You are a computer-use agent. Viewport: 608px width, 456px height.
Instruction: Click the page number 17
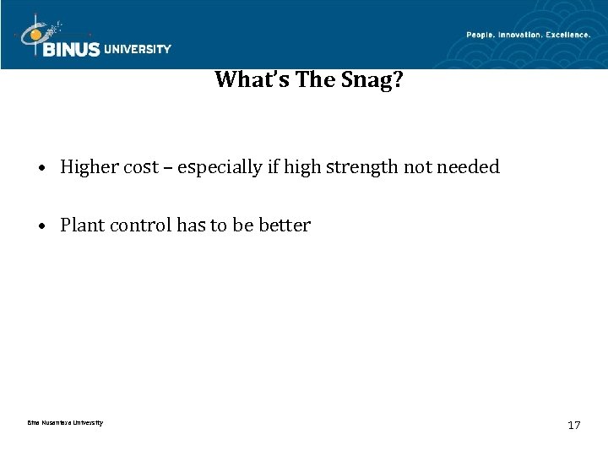point(574,425)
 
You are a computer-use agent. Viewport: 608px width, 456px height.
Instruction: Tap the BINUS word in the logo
point(72,49)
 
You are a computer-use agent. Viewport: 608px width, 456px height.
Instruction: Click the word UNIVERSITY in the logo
point(138,49)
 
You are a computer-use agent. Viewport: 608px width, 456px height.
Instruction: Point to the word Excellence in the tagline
point(567,34)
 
